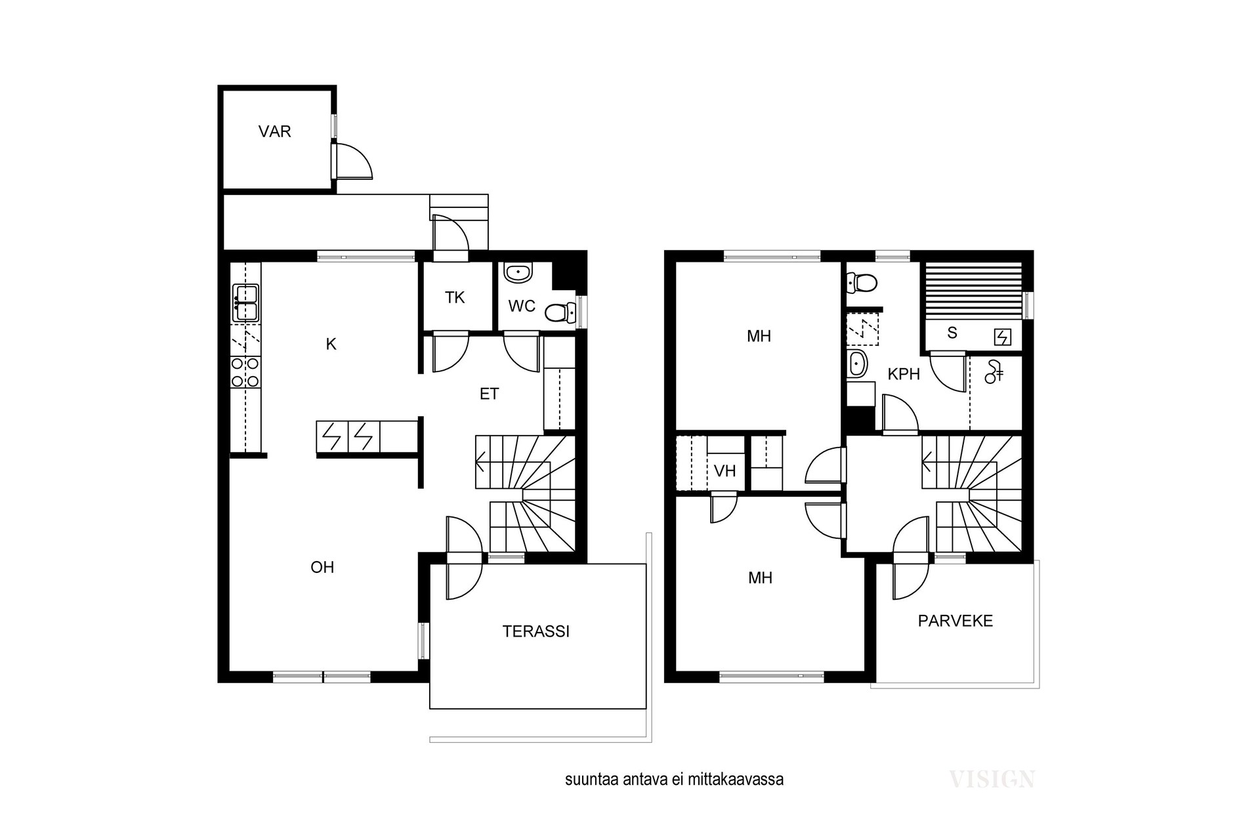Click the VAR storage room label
pos(274,132)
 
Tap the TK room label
pos(455,298)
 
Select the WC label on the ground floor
pos(522,306)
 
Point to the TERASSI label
pos(536,631)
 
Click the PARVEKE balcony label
pos(955,621)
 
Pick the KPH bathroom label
pos(904,374)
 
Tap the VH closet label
pos(725,471)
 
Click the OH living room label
pos(322,567)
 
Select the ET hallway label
pos(490,394)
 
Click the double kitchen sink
pos(245,303)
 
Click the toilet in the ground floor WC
pos(559,314)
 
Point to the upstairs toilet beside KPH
pos(862,283)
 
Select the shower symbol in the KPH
pos(994,372)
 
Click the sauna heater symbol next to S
pos(1003,337)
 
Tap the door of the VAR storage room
pos(352,161)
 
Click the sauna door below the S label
pos(948,372)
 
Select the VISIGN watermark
pos(992,779)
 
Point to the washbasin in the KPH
pos(857,364)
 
